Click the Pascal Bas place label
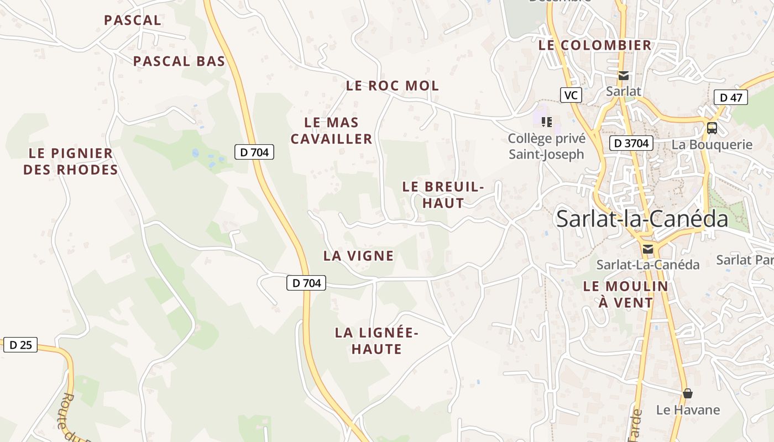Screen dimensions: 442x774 (179, 61)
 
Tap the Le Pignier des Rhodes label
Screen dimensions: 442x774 (71, 161)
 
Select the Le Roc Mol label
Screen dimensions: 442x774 (393, 86)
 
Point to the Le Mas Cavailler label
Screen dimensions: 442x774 (332, 130)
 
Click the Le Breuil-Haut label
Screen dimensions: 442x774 (443, 195)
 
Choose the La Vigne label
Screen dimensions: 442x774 (358, 256)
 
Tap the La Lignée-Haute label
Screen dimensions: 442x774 (376, 341)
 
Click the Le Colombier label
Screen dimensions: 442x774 (595, 45)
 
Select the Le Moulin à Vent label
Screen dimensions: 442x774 (626, 294)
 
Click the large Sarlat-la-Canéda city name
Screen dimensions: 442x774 (642, 219)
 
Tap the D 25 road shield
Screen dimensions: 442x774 (20, 345)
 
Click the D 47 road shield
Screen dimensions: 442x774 (731, 98)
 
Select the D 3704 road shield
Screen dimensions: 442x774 (631, 144)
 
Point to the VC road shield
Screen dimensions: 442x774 (571, 95)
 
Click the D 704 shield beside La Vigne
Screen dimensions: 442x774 (306, 283)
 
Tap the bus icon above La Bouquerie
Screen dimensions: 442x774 (712, 128)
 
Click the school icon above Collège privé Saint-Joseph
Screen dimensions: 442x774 (547, 122)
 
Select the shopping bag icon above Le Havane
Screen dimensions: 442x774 (688, 393)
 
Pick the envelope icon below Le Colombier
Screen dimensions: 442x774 (624, 76)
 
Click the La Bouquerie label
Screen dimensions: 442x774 (712, 145)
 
